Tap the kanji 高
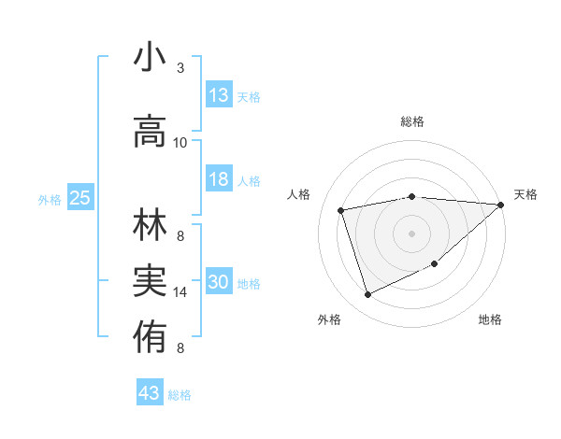150,132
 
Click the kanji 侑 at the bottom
150,333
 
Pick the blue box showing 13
219,95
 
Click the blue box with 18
219,180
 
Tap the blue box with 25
80,198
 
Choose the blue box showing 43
150,393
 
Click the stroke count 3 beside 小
180,68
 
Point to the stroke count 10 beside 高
180,143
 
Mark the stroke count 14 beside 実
180,292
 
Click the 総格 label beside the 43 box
180,395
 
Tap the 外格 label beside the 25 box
50,199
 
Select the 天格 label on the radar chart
526,194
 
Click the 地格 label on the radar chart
490,319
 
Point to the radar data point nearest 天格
500,205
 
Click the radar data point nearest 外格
367,295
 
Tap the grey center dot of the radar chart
411,233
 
